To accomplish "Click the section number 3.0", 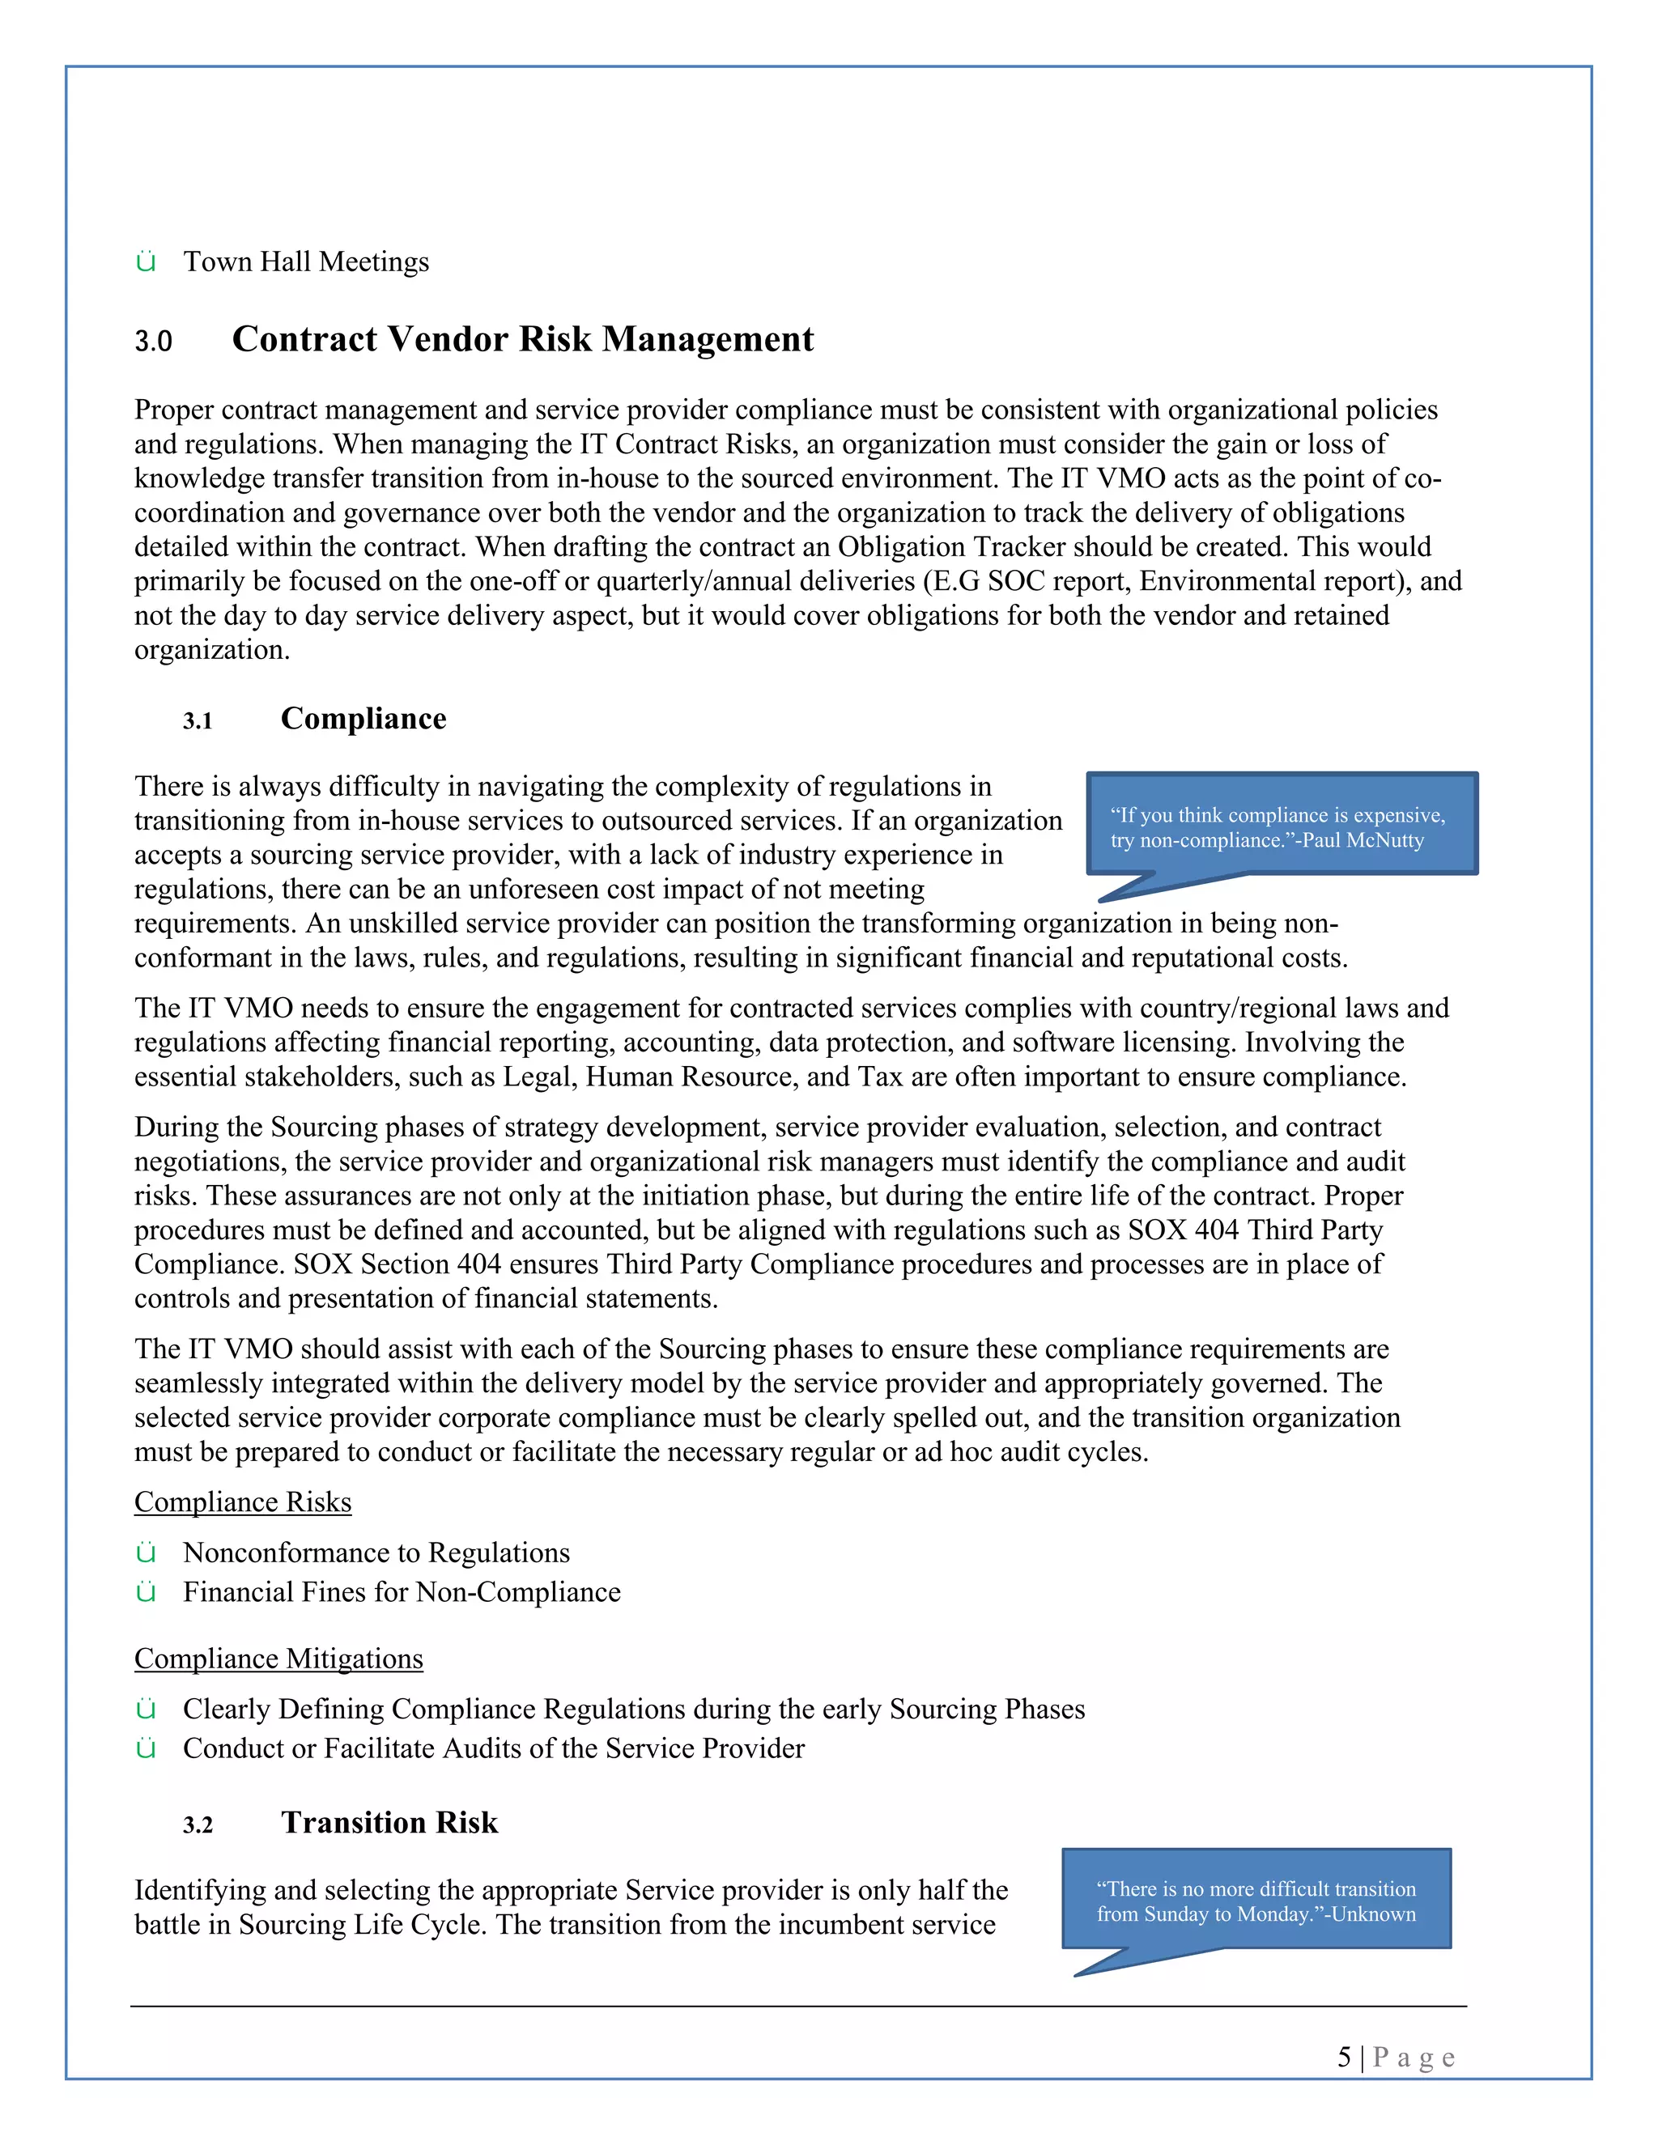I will [153, 342].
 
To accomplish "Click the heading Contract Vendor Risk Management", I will [522, 339].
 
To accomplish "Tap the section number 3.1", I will [198, 722].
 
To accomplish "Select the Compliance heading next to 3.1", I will [363, 719].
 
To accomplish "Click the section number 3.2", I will [198, 1826].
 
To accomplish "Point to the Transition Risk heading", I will [390, 1823].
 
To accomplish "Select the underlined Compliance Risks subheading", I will [243, 1502].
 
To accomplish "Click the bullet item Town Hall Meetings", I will [307, 262].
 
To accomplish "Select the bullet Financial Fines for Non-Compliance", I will [402, 1592].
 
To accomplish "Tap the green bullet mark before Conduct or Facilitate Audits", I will [147, 1749].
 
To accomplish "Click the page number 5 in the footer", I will [1344, 2058].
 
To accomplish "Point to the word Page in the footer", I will [1414, 2058].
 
